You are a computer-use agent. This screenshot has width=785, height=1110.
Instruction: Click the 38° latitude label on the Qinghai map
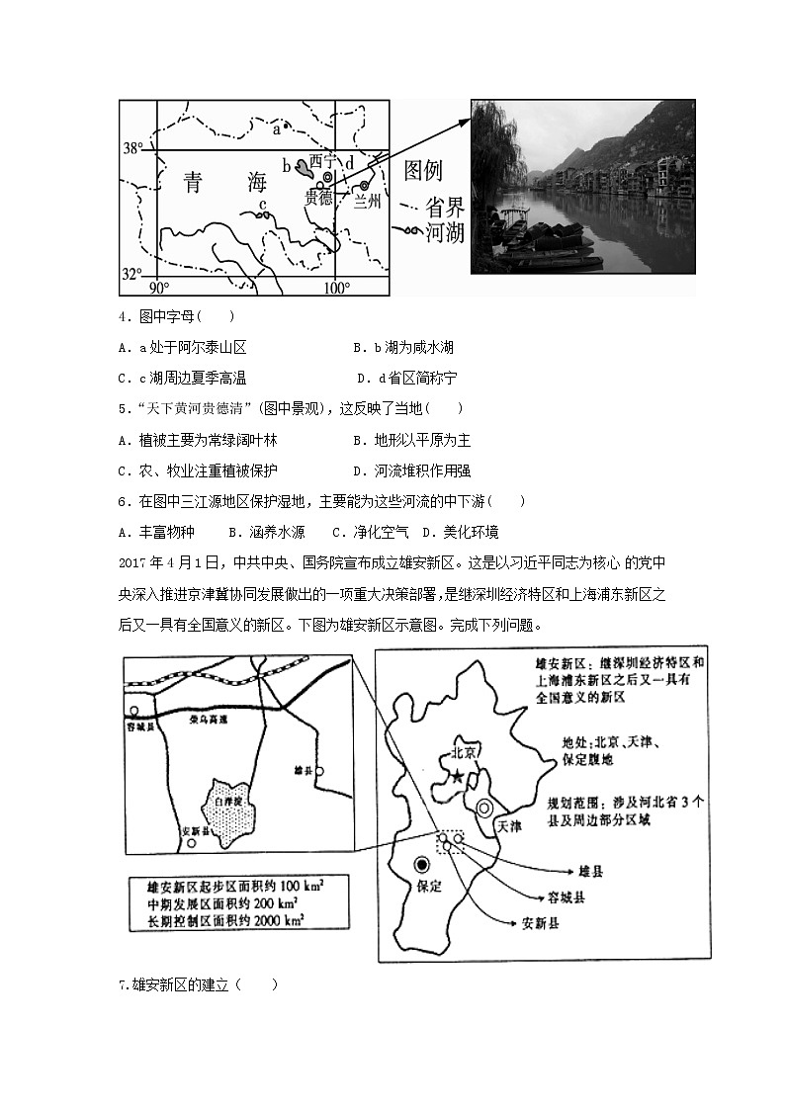click(x=132, y=149)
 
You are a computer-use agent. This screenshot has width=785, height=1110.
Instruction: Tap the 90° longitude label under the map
click(x=159, y=288)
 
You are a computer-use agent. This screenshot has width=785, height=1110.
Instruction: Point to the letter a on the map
click(x=277, y=127)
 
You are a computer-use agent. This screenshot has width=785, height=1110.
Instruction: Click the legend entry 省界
click(x=444, y=207)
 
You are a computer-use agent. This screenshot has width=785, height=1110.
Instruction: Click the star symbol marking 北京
click(x=457, y=778)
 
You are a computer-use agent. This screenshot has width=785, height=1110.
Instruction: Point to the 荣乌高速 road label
click(x=208, y=721)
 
